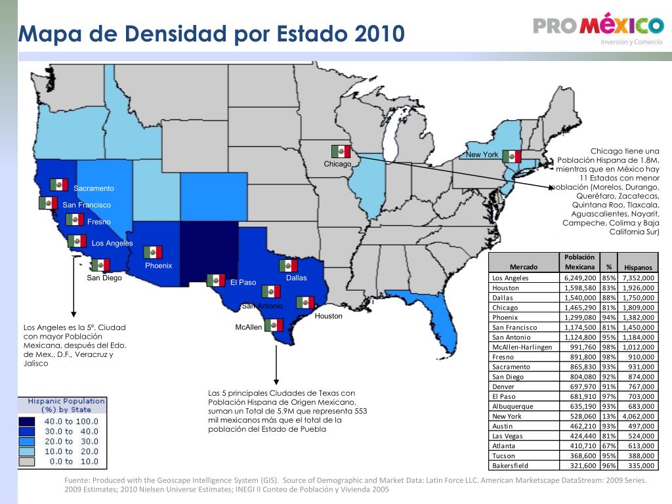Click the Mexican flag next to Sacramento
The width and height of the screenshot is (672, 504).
tap(58, 184)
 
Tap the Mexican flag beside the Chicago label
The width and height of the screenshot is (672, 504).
tap(341, 152)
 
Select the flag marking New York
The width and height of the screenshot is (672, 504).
tap(512, 156)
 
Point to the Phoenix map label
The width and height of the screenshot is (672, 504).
tap(159, 266)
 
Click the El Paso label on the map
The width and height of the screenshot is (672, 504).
tap(243, 282)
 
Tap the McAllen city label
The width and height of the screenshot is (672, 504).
tap(249, 327)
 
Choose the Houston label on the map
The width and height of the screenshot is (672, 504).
tap(329, 316)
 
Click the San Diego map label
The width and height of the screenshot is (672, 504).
tap(104, 278)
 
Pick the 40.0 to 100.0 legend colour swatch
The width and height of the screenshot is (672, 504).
tap(26, 421)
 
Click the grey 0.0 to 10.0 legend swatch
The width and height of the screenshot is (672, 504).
tap(26, 461)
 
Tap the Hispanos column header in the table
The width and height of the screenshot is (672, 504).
tap(638, 268)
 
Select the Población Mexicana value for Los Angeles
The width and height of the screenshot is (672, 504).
tap(580, 278)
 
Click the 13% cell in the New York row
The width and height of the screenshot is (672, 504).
tap(608, 417)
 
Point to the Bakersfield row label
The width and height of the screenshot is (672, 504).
tap(510, 466)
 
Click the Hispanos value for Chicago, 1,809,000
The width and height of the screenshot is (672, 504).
tap(639, 308)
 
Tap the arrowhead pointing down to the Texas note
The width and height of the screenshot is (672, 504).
tap(276, 381)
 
